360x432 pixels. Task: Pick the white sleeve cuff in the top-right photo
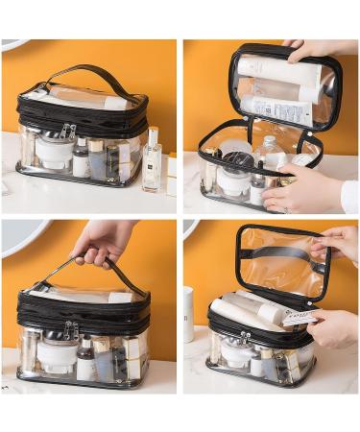click(349, 197)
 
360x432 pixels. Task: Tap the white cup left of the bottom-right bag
click(188, 313)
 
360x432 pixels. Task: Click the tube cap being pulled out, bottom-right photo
click(299, 318)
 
